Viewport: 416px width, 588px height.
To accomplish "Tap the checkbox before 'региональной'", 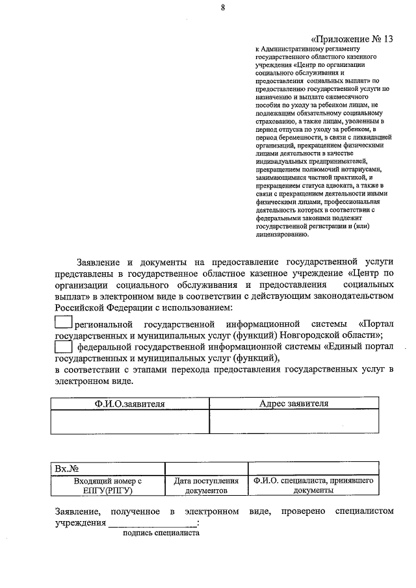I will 63,322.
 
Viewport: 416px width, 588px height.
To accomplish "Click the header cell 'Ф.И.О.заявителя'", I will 130,403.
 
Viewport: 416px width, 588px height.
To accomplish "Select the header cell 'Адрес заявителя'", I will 293,403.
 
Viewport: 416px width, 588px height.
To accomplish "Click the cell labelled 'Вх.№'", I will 108,468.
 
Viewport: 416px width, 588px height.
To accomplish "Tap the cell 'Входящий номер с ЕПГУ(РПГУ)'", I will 108,486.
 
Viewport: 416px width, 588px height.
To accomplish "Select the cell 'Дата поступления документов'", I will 205,486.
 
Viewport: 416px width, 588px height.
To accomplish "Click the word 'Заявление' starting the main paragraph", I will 97,262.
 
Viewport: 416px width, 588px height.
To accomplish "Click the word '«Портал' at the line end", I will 375,323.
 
